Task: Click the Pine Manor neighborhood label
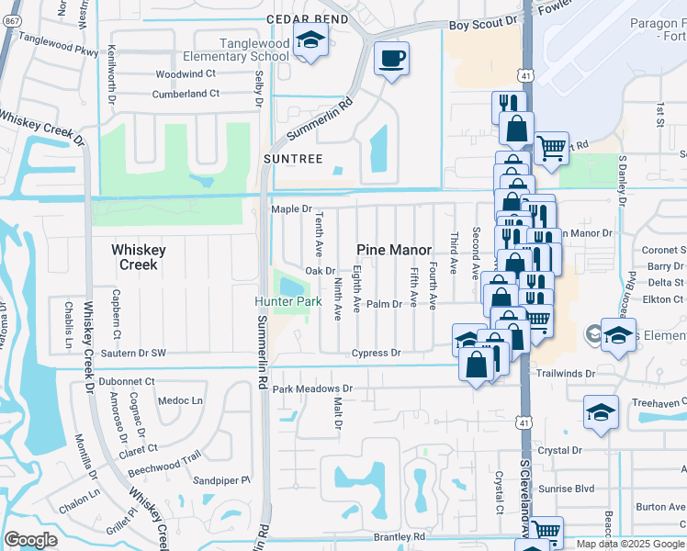pos(394,250)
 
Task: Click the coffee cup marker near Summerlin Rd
pos(391,59)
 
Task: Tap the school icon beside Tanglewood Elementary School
pos(310,41)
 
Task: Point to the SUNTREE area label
pos(293,159)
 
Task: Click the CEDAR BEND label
pos(307,19)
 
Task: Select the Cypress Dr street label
pos(377,353)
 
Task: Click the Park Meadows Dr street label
pos(312,389)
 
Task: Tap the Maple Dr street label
pos(291,209)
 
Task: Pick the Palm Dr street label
pos(385,304)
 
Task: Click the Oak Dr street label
pos(320,271)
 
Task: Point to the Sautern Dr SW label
pos(133,353)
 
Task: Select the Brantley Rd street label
pos(399,536)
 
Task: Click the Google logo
pos(30,540)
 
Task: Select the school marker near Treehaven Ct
pos(601,411)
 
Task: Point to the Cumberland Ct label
pos(186,94)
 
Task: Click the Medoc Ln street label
pos(180,400)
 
